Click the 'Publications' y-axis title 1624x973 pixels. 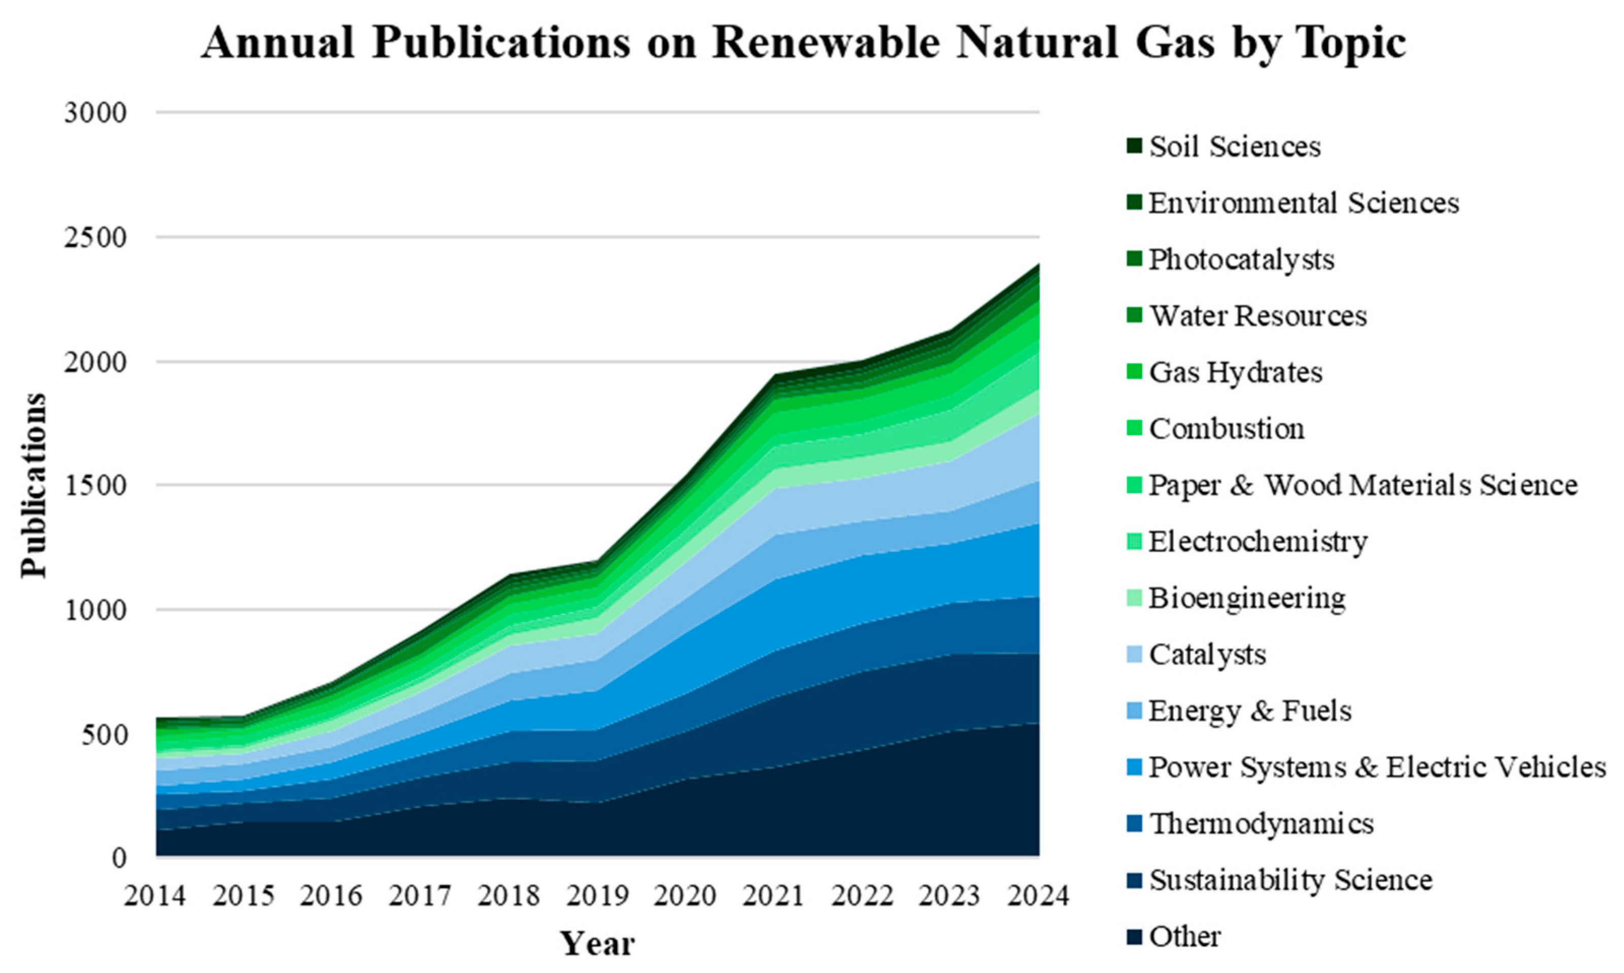(34, 485)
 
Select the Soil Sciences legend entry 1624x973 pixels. (1235, 147)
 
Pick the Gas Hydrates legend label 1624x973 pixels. (1236, 372)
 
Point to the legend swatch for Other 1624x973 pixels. (1137, 936)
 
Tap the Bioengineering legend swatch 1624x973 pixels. (1137, 598)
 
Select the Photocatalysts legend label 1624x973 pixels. (1241, 260)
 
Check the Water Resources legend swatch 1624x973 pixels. (1137, 316)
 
